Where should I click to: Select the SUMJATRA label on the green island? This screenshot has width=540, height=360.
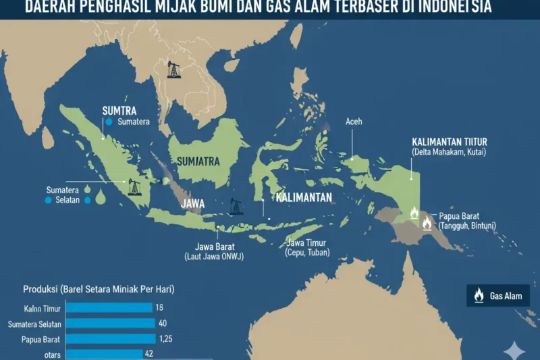point(198,161)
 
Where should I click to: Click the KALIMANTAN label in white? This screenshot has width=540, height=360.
point(304,198)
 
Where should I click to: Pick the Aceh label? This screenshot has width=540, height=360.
point(354,122)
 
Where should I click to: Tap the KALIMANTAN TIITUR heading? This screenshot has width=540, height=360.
point(449,142)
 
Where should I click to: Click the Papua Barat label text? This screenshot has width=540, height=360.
point(460,216)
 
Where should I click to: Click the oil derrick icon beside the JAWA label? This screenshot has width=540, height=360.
point(236,206)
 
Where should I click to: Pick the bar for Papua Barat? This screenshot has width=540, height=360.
point(108,338)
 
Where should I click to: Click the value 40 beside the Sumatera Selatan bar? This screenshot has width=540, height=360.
point(163,323)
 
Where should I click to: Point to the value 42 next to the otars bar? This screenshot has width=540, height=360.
point(150,353)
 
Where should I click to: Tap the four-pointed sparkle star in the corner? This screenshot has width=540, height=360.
point(514,350)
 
